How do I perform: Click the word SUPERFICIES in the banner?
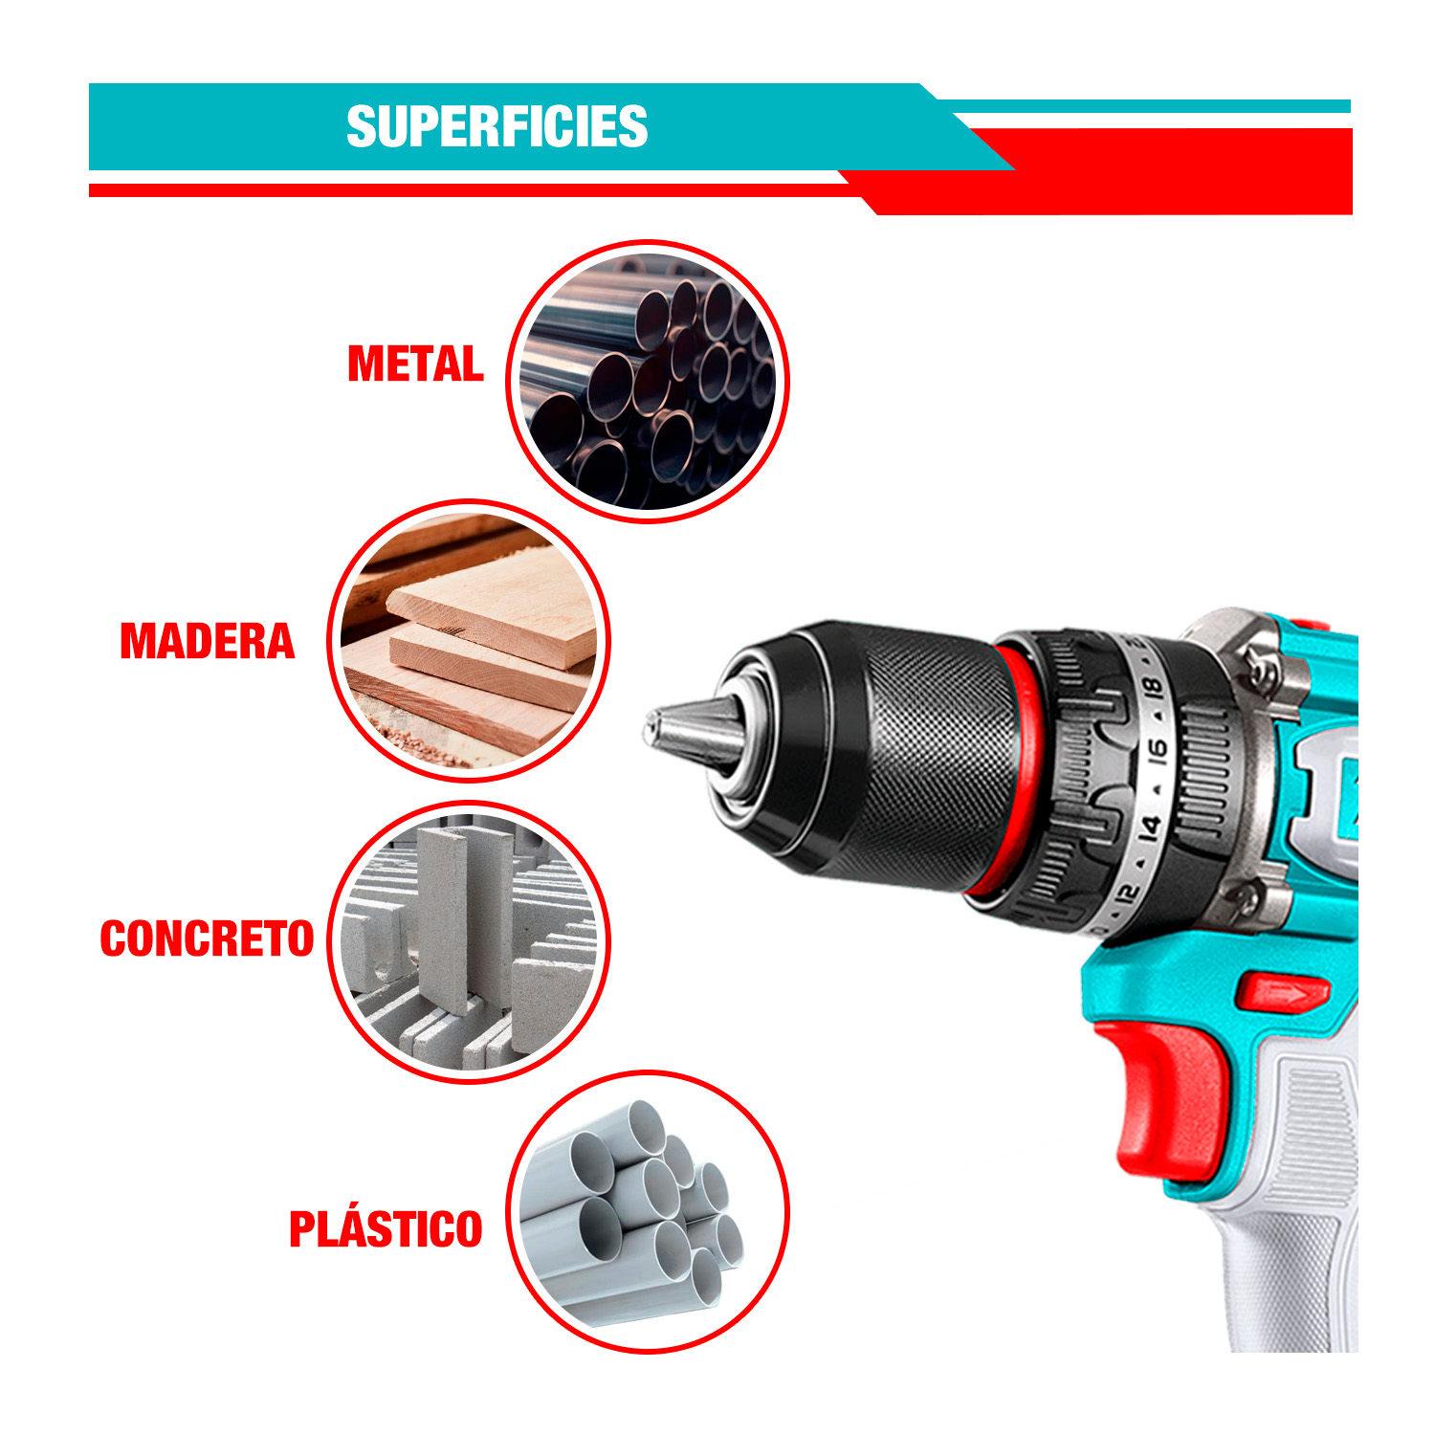497,127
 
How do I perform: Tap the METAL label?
415,364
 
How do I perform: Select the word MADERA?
208,642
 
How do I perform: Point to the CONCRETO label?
207,938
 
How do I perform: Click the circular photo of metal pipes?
648,381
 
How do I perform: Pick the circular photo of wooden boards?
469,641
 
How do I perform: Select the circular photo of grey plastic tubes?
648,1211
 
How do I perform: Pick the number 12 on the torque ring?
1128,895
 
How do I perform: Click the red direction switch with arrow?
1284,993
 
